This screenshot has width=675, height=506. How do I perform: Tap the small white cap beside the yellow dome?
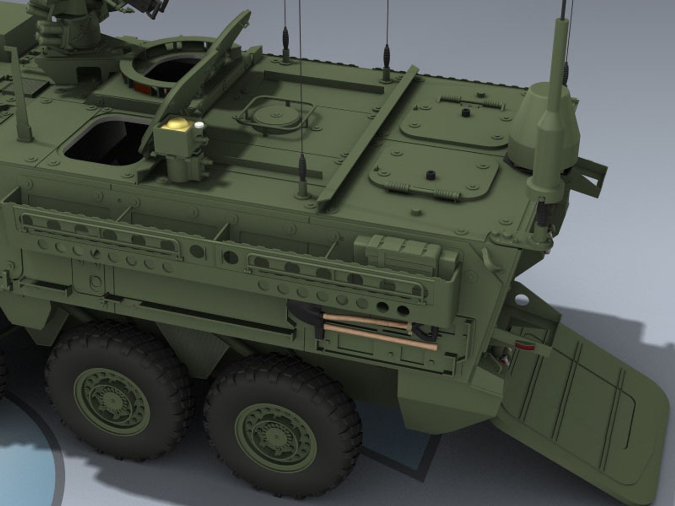pyautogui.click(x=199, y=125)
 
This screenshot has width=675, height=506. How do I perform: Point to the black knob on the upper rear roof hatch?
pyautogui.click(x=465, y=112)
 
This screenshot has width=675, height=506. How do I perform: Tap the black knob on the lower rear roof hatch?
pyautogui.click(x=429, y=175)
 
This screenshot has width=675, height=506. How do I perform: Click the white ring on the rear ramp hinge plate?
pyautogui.click(x=518, y=298)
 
